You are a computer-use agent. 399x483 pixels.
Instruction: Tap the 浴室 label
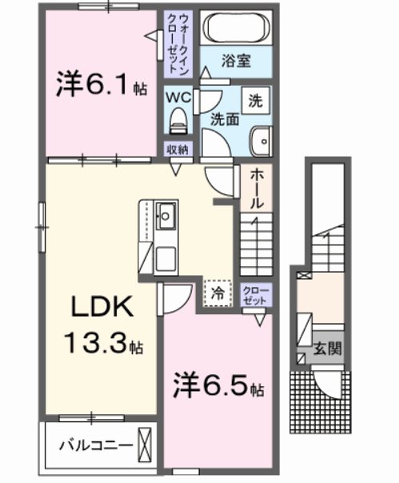[x=236, y=60]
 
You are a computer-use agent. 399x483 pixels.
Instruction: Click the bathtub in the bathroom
[x=237, y=30]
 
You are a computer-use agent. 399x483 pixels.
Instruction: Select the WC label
[x=178, y=96]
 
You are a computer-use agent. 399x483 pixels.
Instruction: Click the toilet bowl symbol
[x=178, y=122]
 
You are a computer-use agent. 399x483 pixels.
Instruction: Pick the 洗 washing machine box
[x=255, y=102]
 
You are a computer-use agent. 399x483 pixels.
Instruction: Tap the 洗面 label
[x=225, y=118]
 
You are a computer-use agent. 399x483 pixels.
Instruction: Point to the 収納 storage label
[x=178, y=150]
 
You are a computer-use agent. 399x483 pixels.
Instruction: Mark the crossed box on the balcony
[x=145, y=444]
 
